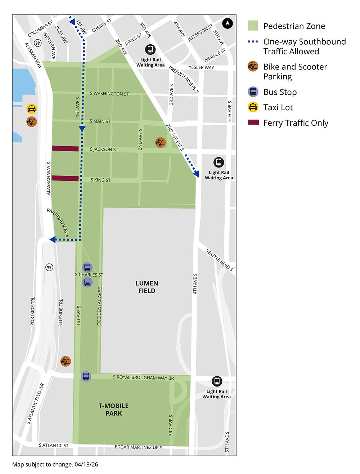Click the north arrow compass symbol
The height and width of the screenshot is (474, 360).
click(x=228, y=24)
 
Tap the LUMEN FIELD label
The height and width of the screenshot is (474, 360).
click(x=147, y=287)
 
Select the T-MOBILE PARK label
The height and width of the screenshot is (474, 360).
click(x=113, y=410)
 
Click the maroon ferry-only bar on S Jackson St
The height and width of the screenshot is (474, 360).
click(x=65, y=148)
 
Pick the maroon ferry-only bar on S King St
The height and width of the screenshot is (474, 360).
click(x=65, y=178)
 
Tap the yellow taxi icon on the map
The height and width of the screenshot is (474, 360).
click(x=32, y=108)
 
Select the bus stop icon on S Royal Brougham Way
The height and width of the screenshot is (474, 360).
click(x=86, y=376)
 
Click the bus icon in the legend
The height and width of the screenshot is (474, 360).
click(x=253, y=92)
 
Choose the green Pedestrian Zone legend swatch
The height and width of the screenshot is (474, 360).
click(x=253, y=26)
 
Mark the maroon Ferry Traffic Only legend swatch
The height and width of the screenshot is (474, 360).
click(x=253, y=123)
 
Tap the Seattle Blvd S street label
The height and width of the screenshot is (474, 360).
click(x=219, y=259)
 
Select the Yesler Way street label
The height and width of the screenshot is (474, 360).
click(x=201, y=67)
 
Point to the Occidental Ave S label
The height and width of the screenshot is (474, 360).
click(x=100, y=306)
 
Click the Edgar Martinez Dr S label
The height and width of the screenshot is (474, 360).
click(x=139, y=447)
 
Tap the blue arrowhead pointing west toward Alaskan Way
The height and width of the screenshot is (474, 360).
click(x=53, y=240)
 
